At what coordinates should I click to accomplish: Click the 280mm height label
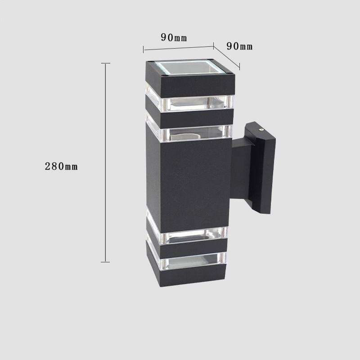point(61,166)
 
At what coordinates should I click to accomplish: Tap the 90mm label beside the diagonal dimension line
point(239,46)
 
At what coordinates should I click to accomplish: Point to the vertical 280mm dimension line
point(106,162)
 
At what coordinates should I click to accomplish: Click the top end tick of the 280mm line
point(106,63)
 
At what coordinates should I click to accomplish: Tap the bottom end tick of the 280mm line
point(106,261)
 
